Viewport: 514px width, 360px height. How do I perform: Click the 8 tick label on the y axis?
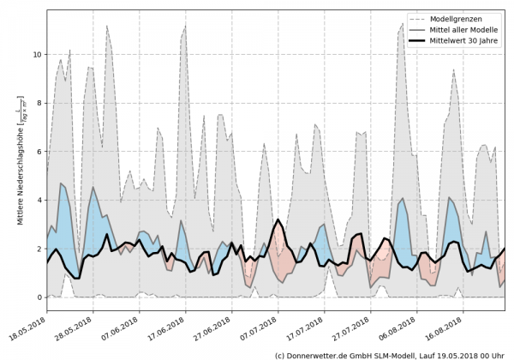[38, 103]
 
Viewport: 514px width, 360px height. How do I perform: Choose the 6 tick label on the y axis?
[38, 152]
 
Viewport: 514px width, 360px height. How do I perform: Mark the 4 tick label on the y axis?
[38, 201]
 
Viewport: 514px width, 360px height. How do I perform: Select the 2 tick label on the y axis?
[38, 249]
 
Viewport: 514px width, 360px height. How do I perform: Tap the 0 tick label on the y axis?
[38, 297]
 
